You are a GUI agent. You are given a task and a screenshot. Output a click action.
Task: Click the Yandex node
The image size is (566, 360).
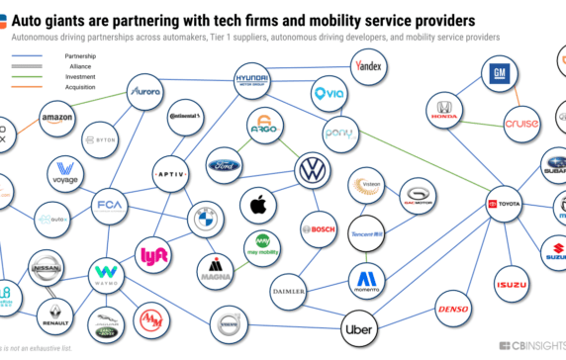pos(369,67)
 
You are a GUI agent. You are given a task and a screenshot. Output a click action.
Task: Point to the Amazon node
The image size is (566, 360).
pos(58,122)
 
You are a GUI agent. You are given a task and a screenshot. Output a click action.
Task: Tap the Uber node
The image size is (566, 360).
pos(362,328)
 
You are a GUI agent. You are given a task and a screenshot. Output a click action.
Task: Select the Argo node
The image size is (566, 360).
pos(263,129)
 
